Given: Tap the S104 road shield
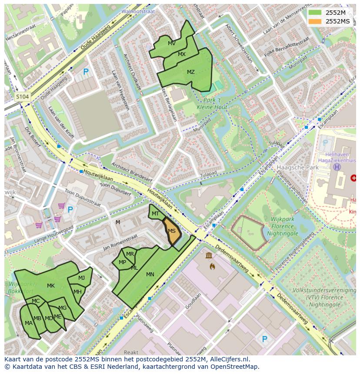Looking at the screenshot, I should [x=22, y=97].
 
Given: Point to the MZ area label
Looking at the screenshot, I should [x=191, y=72].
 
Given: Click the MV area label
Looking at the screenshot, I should [x=172, y=43].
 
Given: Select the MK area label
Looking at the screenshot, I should [x=51, y=286].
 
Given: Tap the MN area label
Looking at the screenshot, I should [x=150, y=275].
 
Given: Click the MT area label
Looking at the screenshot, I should [x=155, y=214].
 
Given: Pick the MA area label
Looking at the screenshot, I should [x=29, y=323].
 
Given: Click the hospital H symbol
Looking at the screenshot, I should [x=337, y=167].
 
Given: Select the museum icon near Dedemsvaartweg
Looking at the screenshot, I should [x=209, y=255].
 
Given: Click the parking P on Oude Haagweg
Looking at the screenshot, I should [x=86, y=72].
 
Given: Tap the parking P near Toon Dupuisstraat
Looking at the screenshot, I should [x=70, y=210].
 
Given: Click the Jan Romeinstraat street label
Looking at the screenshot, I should [x=120, y=242].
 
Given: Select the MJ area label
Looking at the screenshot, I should [x=82, y=278].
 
